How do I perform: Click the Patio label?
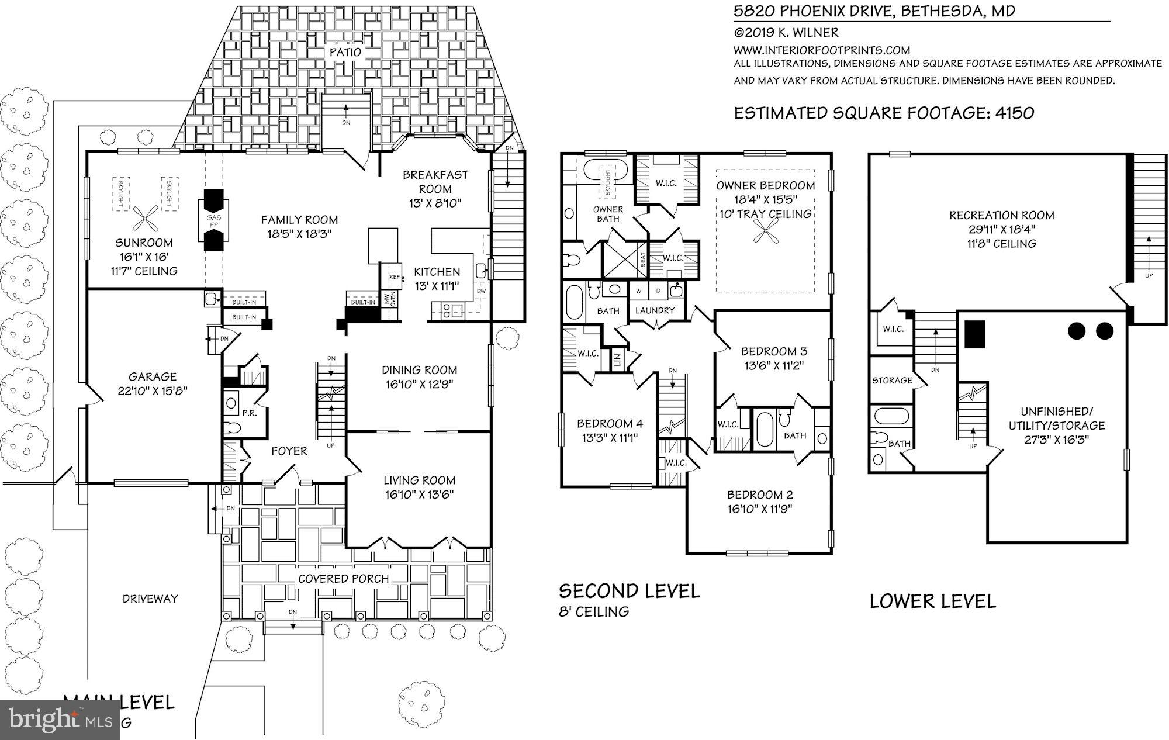click(x=346, y=51)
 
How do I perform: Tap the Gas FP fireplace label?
click(x=213, y=221)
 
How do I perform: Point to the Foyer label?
click(x=289, y=451)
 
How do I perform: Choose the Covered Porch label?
click(x=344, y=579)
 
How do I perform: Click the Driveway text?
click(x=150, y=599)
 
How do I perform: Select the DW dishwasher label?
click(x=481, y=291)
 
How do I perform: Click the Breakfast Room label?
click(x=435, y=181)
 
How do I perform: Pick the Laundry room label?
click(x=655, y=310)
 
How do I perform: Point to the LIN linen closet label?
click(x=617, y=360)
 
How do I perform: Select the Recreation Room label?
click(x=1002, y=215)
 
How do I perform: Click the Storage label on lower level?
click(x=892, y=380)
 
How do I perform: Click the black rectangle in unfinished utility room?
click(x=975, y=334)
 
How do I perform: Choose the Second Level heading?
click(x=630, y=591)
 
